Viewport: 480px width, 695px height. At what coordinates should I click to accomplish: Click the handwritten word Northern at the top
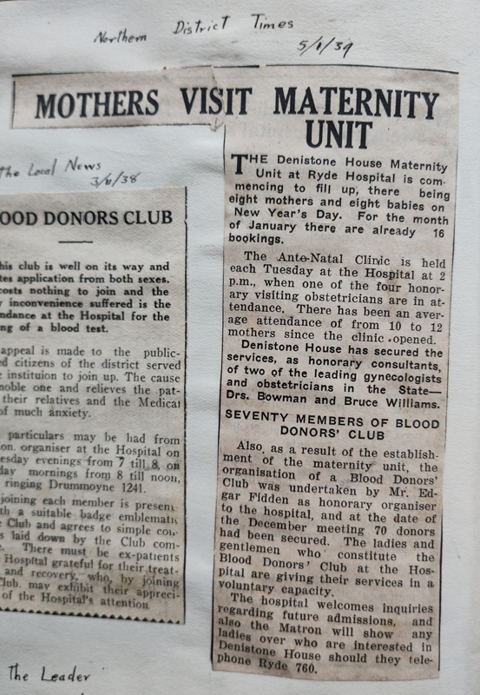click(x=122, y=36)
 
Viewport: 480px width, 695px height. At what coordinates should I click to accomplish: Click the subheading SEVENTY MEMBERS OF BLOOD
click(x=332, y=415)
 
